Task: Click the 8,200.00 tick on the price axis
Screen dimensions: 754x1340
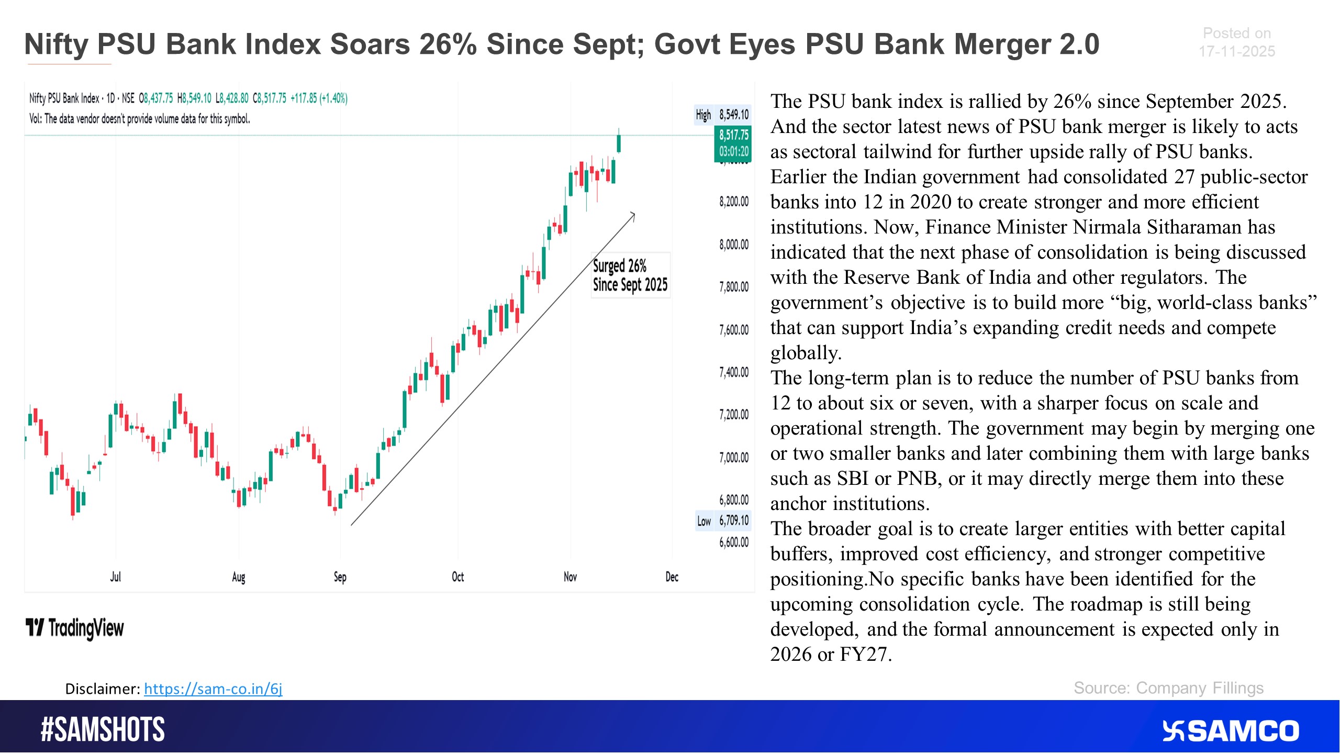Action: pyautogui.click(x=734, y=202)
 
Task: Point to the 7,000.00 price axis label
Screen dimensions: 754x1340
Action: pyautogui.click(x=734, y=458)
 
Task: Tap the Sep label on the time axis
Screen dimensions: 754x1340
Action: pyautogui.click(x=340, y=577)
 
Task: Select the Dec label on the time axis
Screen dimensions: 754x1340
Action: pyautogui.click(x=672, y=577)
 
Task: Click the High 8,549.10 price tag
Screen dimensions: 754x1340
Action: pyautogui.click(x=723, y=115)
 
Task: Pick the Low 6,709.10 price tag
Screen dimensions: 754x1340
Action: pyautogui.click(x=723, y=521)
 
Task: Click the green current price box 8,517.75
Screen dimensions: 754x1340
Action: pyautogui.click(x=733, y=143)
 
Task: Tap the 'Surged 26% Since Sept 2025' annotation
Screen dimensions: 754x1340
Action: pyautogui.click(x=630, y=275)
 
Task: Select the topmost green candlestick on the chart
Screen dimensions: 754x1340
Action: pyautogui.click(x=619, y=143)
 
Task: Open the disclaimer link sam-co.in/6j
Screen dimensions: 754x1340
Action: pyautogui.click(x=213, y=689)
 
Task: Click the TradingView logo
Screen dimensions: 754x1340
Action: pyautogui.click(x=75, y=628)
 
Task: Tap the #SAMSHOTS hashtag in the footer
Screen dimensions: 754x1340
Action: pyautogui.click(x=103, y=730)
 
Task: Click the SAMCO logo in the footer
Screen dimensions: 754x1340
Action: pyautogui.click(x=1231, y=731)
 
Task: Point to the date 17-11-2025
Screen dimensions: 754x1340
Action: pyautogui.click(x=1236, y=51)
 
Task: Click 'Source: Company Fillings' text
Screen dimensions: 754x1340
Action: pyautogui.click(x=1168, y=688)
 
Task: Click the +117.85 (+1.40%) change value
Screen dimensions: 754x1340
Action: pyautogui.click(x=319, y=98)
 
